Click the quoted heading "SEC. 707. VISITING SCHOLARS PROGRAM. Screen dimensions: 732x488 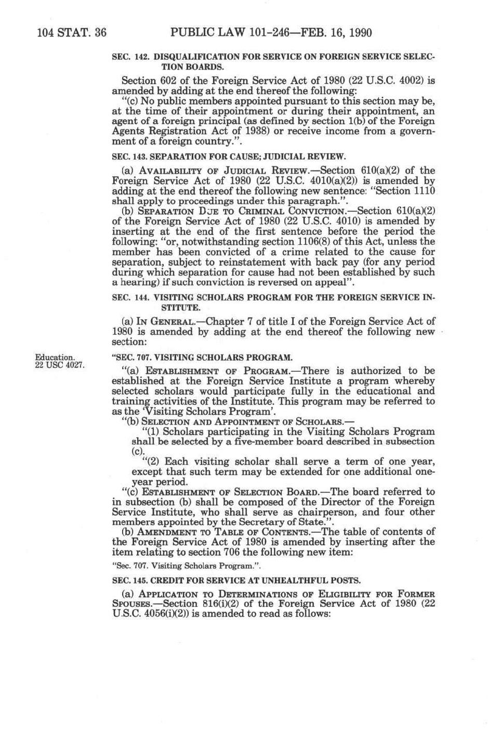coord(202,357)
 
